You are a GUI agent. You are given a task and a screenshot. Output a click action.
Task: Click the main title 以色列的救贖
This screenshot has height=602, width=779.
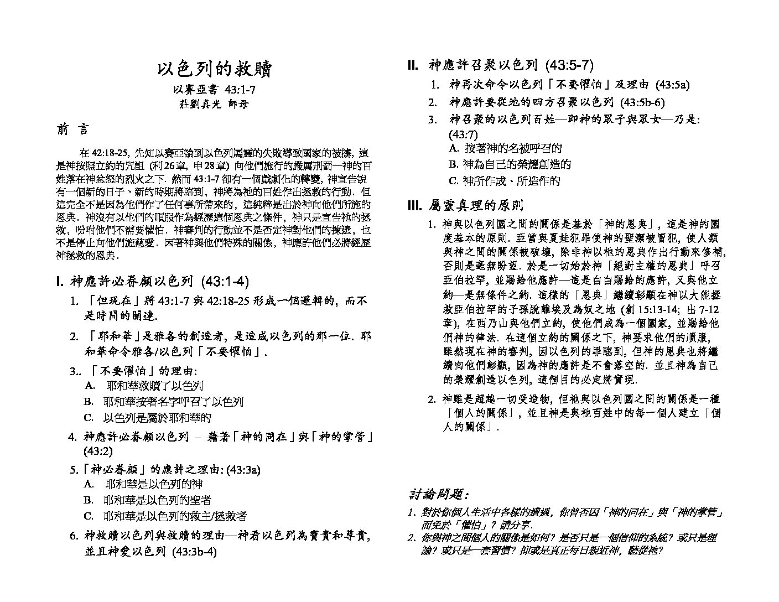pos(214,69)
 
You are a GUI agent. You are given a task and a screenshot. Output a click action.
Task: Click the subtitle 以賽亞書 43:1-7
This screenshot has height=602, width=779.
pos(214,90)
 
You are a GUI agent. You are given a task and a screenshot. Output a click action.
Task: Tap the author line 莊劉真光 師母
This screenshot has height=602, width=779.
pos(214,103)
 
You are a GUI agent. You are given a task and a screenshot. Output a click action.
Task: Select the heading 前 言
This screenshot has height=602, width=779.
pos(72,130)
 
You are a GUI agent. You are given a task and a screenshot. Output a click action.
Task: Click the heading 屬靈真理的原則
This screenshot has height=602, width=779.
pos(475,206)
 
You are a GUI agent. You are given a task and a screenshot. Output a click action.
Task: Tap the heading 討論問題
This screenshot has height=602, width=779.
pos(439,494)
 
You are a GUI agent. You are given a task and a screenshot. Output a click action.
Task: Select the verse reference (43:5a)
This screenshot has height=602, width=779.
pos(672,85)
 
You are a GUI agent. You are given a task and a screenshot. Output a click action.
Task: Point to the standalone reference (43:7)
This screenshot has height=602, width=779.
pos(463,134)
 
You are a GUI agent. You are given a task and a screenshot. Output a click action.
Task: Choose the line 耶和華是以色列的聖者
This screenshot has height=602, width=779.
pos(157,500)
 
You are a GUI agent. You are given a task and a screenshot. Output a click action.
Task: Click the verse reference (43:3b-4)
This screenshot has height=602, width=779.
pos(194,552)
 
